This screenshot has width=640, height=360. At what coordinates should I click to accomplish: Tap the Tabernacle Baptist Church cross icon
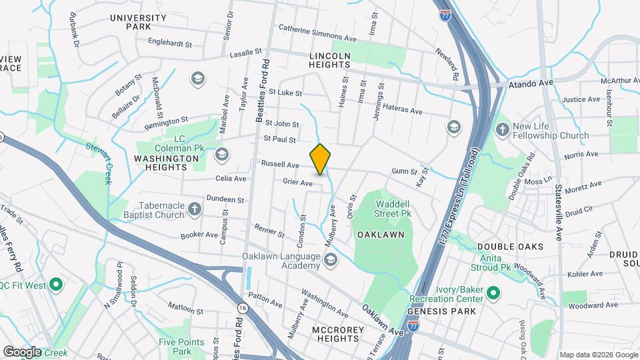195,210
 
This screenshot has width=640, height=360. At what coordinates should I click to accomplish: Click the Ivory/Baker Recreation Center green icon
493,293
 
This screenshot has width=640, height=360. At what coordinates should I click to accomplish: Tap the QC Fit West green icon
56,285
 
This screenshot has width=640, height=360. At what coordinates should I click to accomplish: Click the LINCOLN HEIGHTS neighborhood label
329,60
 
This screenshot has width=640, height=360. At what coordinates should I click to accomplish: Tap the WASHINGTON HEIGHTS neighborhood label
166,159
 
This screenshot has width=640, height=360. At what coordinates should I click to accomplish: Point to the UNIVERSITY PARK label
138,22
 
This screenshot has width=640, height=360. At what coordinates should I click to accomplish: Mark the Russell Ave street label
280,164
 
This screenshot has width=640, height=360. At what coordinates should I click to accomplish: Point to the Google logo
22,351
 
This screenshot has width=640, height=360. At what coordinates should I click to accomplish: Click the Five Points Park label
175,347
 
